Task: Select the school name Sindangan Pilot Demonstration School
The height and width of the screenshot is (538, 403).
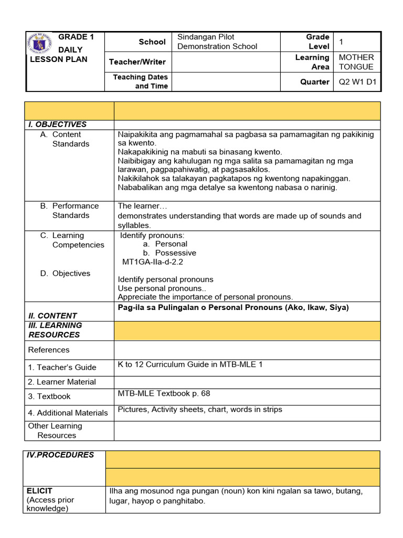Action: (x=217, y=42)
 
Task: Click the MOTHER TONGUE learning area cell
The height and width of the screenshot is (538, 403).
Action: (x=356, y=62)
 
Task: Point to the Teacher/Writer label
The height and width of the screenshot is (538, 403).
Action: (x=137, y=62)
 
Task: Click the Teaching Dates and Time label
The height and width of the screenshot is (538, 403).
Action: (x=140, y=81)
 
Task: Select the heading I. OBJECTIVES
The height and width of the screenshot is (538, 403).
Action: (x=57, y=125)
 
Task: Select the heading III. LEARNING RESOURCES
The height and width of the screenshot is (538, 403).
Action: (x=55, y=330)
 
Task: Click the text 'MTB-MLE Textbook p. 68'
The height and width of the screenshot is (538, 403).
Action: (x=164, y=393)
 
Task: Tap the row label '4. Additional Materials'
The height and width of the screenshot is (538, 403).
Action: (x=68, y=413)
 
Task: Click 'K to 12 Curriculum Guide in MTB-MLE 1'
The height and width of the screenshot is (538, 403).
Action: (x=190, y=365)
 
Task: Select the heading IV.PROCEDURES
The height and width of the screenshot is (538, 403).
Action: (x=60, y=455)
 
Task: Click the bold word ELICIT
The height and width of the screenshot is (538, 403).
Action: (x=39, y=491)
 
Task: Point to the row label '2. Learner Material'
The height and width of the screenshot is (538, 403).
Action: (x=62, y=382)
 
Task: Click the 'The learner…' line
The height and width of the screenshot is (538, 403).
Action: (x=142, y=206)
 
